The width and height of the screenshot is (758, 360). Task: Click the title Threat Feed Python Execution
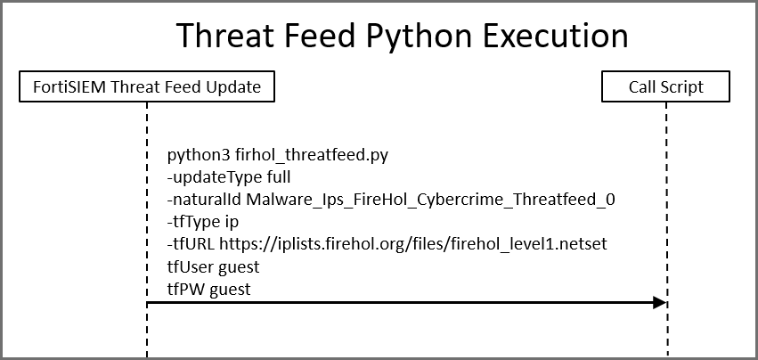click(402, 36)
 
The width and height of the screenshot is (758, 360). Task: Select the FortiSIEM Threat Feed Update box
click(147, 86)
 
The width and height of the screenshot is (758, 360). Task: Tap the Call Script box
click(665, 86)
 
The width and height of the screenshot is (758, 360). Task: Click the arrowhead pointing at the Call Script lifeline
click(659, 303)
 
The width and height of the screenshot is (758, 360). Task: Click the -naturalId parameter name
click(200, 200)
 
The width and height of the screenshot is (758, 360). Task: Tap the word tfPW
click(185, 289)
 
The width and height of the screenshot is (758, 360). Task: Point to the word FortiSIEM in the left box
click(69, 86)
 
